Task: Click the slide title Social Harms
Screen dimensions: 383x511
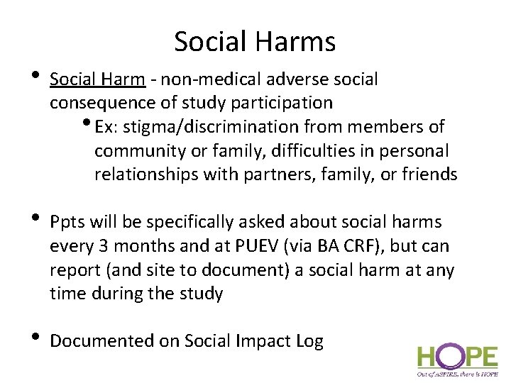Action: tap(255, 42)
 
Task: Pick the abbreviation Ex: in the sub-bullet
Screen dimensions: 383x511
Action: tap(105, 127)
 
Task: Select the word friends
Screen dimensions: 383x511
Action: tap(428, 174)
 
